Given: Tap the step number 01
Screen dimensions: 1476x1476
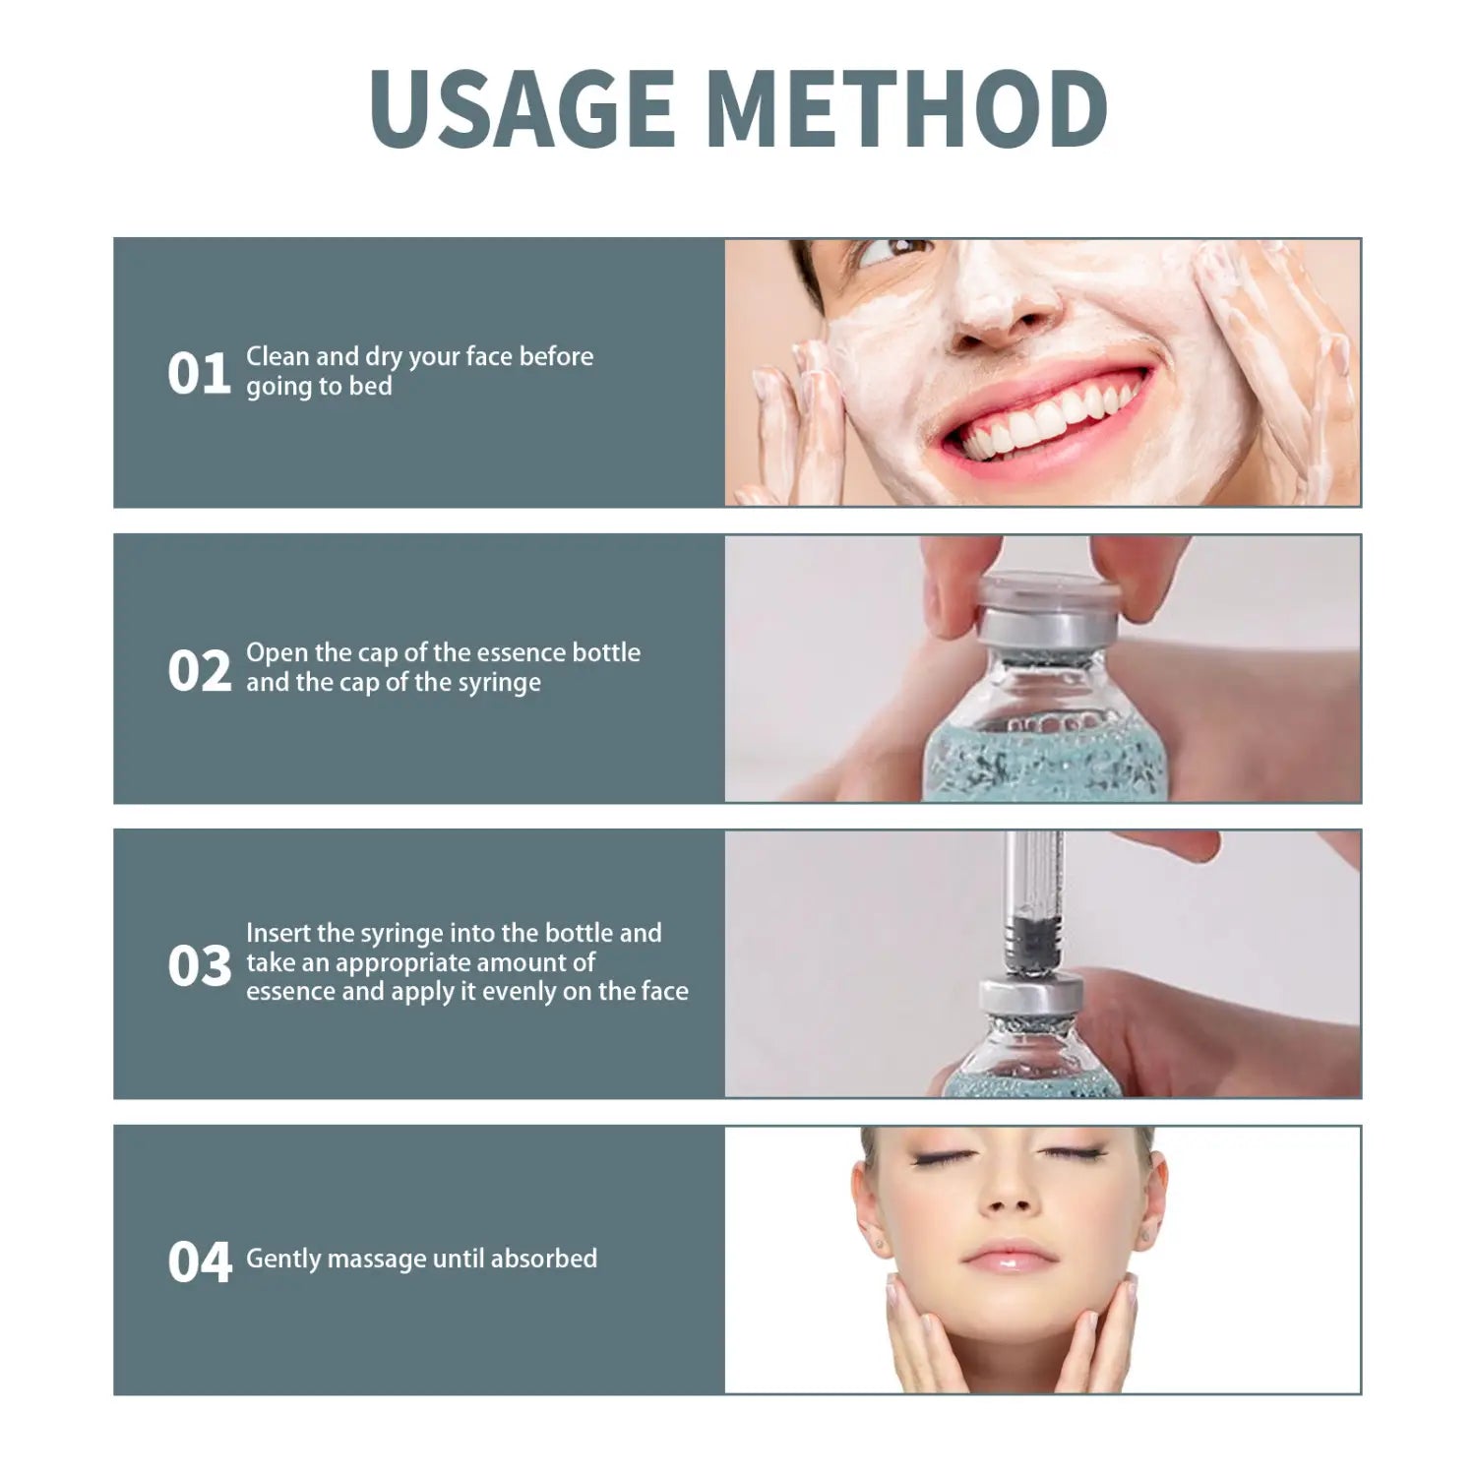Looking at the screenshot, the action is pyautogui.click(x=199, y=374).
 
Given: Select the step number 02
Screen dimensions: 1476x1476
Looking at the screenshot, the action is pyautogui.click(x=199, y=671).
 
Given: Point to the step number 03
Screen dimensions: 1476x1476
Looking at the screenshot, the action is pyautogui.click(x=199, y=965).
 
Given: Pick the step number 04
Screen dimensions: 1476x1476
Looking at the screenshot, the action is pyautogui.click(x=200, y=1261).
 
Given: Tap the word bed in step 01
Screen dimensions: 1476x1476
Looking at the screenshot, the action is pyautogui.click(x=371, y=386).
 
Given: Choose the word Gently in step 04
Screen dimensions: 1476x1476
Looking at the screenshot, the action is pyautogui.click(x=282, y=1259).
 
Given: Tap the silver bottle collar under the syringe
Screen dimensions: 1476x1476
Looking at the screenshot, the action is pyautogui.click(x=1017, y=999).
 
